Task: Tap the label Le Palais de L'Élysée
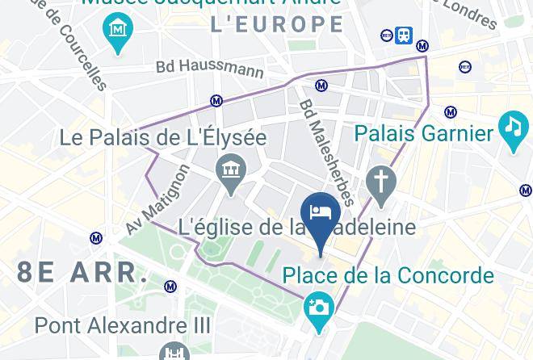click(x=163, y=138)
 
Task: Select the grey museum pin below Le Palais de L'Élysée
click(x=231, y=173)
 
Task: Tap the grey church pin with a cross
click(x=380, y=182)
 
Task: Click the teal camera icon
click(x=319, y=308)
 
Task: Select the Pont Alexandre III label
click(x=123, y=326)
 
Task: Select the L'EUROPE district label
click(x=277, y=25)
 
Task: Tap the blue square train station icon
click(x=404, y=35)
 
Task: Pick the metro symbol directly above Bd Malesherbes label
click(x=321, y=86)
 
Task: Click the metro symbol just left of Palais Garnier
click(x=451, y=112)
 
